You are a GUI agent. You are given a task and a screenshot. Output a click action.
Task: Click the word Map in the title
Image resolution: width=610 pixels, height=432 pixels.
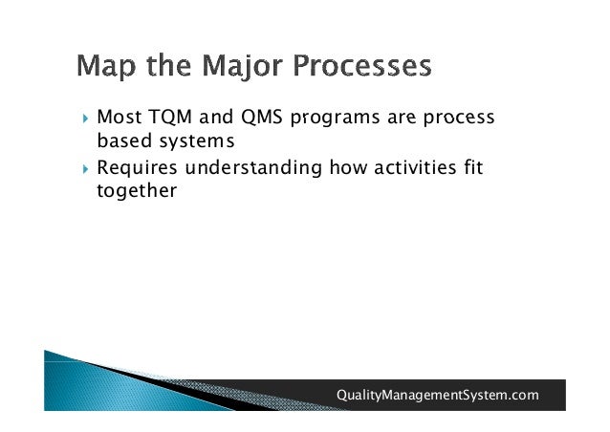(x=106, y=66)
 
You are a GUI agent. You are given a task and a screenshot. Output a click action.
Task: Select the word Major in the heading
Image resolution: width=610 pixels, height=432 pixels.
(x=242, y=66)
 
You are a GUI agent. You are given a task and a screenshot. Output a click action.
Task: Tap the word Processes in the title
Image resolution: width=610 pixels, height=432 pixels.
(x=362, y=65)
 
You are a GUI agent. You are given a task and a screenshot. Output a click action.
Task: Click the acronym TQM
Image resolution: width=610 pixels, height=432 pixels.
(x=170, y=118)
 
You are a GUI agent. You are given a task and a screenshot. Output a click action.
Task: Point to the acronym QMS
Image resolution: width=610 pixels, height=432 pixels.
(x=261, y=118)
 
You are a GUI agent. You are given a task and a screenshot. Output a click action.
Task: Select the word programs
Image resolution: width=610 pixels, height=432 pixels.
(x=335, y=119)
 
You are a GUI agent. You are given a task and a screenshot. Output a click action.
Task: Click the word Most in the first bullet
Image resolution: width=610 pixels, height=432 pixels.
(x=120, y=117)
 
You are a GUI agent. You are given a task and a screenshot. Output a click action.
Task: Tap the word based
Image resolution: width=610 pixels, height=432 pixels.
(x=124, y=140)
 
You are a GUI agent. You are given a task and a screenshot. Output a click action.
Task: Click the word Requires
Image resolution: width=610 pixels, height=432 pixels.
(x=137, y=168)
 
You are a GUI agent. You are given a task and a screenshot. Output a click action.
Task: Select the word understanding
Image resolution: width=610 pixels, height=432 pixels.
(x=253, y=168)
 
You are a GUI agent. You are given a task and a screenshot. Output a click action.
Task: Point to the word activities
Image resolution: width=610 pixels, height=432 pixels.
(x=415, y=167)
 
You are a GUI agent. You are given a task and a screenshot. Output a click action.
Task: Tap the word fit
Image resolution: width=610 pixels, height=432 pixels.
(x=473, y=167)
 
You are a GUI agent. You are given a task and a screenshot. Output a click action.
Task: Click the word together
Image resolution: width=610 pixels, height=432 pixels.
(x=137, y=191)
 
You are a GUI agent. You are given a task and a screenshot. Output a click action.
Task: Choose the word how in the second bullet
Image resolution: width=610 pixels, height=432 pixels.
(x=348, y=167)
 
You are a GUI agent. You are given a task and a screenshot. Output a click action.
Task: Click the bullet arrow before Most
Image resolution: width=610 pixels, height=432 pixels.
(x=86, y=118)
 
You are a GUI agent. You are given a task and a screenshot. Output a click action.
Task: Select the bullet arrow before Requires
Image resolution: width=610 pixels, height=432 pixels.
(x=86, y=169)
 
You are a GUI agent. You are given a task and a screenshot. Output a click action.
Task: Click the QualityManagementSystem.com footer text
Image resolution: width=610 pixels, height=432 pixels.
(x=438, y=395)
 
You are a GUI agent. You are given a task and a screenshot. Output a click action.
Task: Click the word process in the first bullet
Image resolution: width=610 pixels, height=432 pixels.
(x=459, y=119)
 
